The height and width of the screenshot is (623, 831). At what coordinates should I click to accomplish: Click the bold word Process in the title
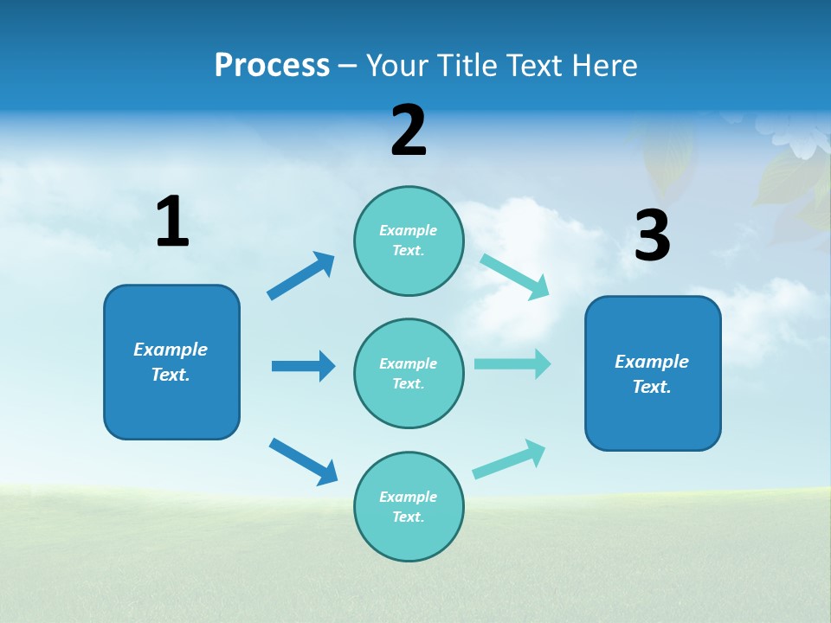coord(272,65)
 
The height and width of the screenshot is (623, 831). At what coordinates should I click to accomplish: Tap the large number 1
coord(172,222)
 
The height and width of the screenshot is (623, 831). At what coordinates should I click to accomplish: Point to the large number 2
coord(409,131)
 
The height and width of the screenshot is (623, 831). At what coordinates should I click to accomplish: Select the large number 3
coord(652,236)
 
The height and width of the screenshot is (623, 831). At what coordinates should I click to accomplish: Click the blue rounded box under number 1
coord(171,362)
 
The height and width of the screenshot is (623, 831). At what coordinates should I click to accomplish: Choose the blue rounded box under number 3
coord(653,373)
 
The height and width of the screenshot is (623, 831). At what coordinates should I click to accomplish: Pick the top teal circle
coord(409,241)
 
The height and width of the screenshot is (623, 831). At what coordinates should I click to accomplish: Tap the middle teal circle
coord(409,373)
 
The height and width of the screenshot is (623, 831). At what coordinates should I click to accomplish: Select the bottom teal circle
coord(409,506)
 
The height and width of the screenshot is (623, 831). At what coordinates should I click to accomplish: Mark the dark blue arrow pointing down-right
coord(303,461)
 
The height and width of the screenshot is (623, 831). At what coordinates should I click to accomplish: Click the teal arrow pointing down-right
coord(515,277)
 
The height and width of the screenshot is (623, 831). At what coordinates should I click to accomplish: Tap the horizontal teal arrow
coord(512,363)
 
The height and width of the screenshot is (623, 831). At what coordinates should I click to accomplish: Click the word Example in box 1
coord(171,350)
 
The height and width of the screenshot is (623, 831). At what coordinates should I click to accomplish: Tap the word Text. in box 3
coord(652,387)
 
